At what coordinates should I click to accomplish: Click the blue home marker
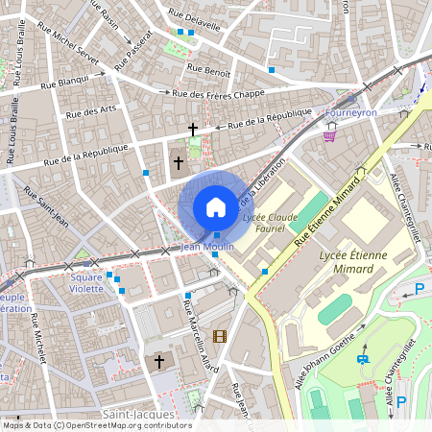point(215,207)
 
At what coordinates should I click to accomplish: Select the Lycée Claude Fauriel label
point(270,224)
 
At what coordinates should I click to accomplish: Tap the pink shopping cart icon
point(330,136)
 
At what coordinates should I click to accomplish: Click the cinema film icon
point(220,335)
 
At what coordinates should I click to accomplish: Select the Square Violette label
point(85,283)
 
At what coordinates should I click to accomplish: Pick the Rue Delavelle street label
point(195,19)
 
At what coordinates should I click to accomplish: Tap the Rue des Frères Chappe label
point(218,93)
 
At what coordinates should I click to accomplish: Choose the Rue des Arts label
point(91,112)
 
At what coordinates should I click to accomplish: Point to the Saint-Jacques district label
point(138,415)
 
